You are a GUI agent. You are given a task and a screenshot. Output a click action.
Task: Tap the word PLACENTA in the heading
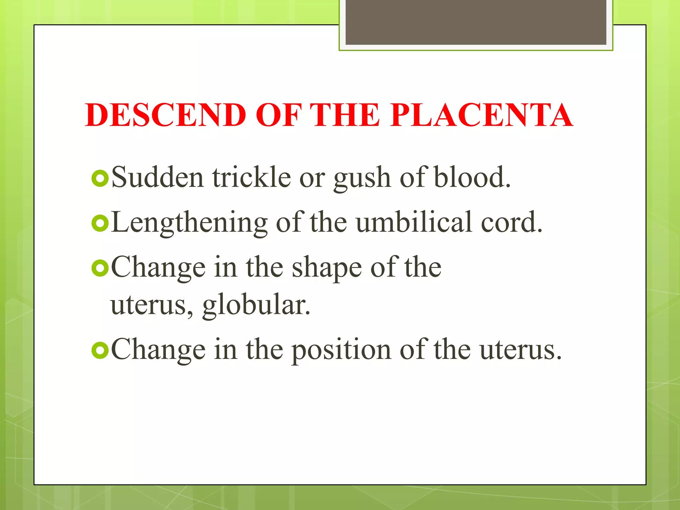(x=481, y=115)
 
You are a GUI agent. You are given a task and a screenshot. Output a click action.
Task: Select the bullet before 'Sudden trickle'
(x=100, y=178)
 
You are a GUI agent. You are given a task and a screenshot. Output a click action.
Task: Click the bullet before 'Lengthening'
(x=100, y=223)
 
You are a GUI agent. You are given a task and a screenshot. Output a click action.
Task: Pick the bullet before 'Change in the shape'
(x=100, y=268)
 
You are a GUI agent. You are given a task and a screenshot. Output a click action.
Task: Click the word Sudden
(x=157, y=178)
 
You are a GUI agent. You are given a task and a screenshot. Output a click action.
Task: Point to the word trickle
(x=252, y=178)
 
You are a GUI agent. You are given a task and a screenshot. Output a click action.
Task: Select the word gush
(x=362, y=179)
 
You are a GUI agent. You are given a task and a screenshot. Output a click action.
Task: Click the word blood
(x=471, y=178)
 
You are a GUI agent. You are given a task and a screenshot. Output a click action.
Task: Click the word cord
(x=511, y=222)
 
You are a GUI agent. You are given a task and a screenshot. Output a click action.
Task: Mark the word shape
(x=326, y=269)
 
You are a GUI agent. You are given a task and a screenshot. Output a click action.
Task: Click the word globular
(x=256, y=305)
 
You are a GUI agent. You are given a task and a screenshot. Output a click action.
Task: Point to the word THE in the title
(x=345, y=115)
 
